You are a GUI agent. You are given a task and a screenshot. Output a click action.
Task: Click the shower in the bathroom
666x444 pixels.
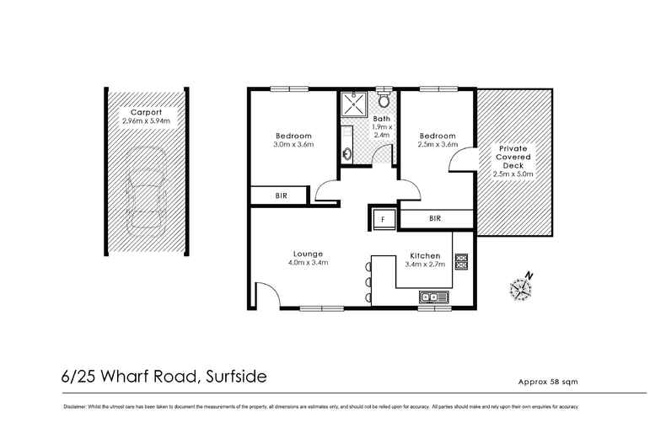coord(352,107)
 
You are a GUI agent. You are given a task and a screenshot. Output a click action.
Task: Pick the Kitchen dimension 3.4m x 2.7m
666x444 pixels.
coord(425,264)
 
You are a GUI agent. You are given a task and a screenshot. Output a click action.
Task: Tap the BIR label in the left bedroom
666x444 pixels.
coord(281,195)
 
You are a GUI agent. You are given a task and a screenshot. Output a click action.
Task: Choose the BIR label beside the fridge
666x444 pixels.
coord(435,219)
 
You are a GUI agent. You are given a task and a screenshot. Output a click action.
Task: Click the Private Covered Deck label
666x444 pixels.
coord(513,158)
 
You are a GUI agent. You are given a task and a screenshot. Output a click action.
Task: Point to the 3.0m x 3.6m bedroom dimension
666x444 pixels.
coord(293,144)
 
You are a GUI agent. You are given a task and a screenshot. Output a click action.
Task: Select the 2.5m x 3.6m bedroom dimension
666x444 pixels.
coord(437,144)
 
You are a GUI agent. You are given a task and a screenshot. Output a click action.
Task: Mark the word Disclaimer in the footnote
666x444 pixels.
coord(78,407)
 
